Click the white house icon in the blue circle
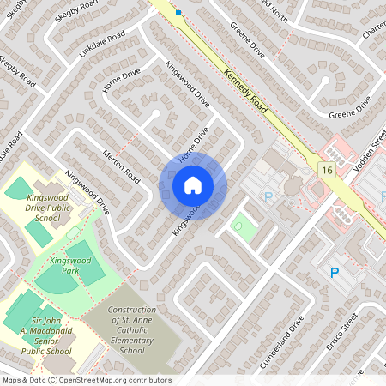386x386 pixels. [192, 185]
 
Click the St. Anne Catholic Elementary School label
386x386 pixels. [132, 330]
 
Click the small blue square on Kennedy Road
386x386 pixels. [178, 12]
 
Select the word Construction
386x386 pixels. [132, 310]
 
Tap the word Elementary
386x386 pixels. [132, 341]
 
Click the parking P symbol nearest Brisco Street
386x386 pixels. [334, 274]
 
